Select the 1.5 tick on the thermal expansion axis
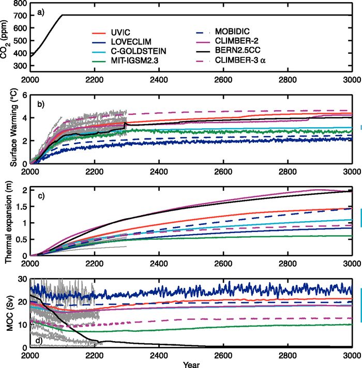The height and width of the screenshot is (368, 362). [x=21, y=206]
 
